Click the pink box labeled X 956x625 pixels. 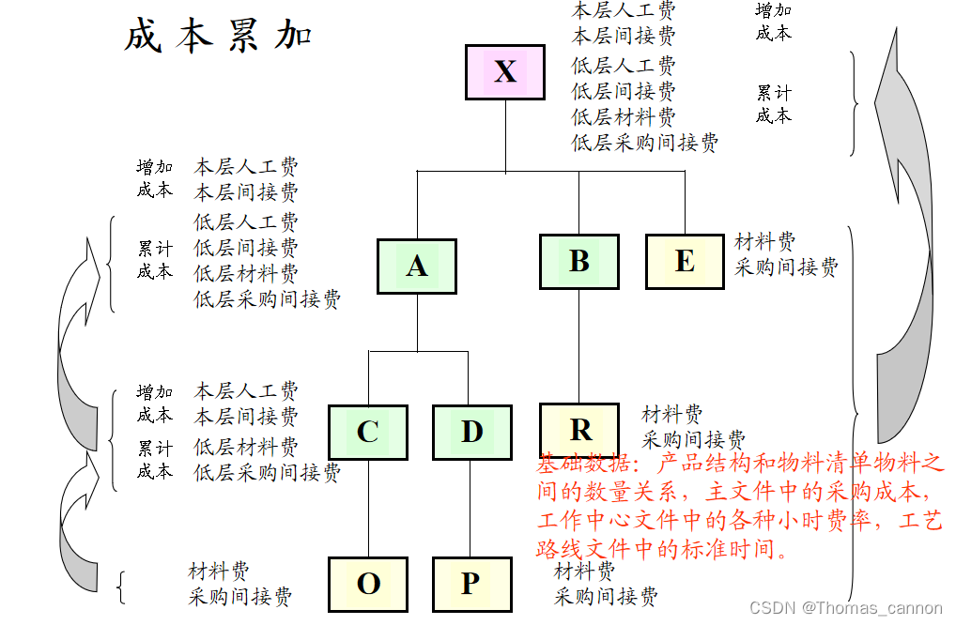(x=505, y=72)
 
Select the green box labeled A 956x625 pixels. (x=416, y=267)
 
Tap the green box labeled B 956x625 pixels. (x=578, y=262)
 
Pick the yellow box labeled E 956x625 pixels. (x=685, y=262)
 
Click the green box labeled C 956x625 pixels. (x=368, y=433)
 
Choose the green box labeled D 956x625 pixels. (x=471, y=433)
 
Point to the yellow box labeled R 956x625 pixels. (x=579, y=430)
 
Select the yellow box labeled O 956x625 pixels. (x=368, y=584)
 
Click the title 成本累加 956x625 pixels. (x=218, y=37)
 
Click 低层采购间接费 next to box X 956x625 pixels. (x=645, y=143)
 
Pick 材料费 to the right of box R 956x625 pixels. (x=671, y=414)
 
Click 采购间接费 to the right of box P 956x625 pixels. (x=606, y=596)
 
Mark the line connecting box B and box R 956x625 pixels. (x=578, y=347)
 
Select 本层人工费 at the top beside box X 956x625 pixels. (x=624, y=10)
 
